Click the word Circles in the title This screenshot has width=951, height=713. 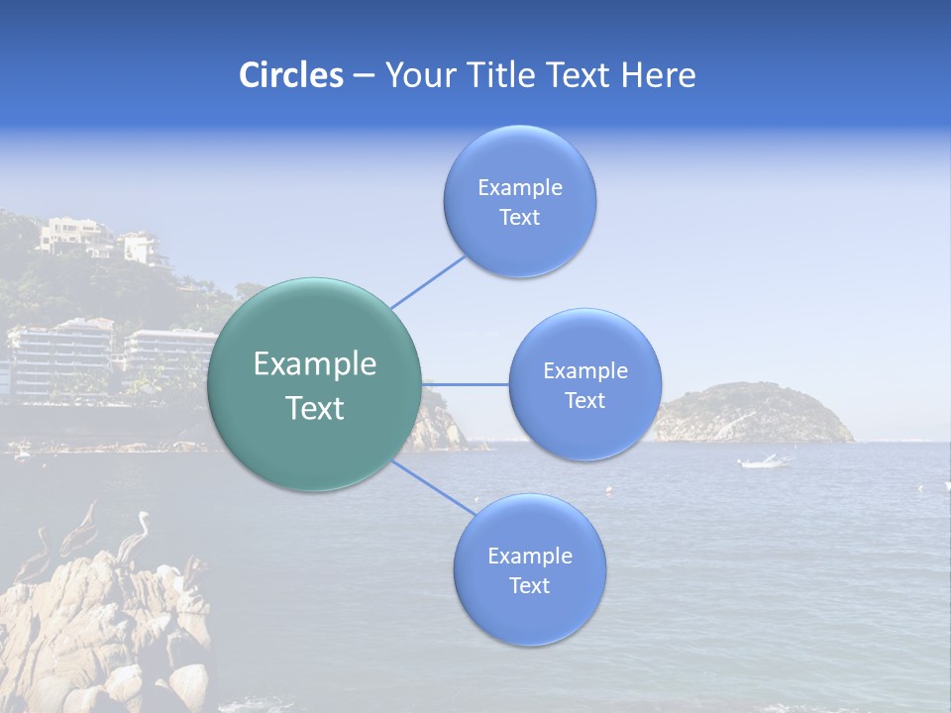click(x=290, y=75)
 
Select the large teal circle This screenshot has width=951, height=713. click(x=314, y=384)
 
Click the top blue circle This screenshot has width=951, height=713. click(x=519, y=201)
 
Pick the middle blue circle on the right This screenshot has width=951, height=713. click(x=584, y=384)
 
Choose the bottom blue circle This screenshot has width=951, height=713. click(x=529, y=569)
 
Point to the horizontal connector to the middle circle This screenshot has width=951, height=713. click(x=465, y=384)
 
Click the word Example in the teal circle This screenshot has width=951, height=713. click(x=315, y=364)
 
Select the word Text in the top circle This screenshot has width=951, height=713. click(x=519, y=218)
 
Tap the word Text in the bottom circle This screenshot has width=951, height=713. click(x=529, y=586)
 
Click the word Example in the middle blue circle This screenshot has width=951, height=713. click(x=584, y=371)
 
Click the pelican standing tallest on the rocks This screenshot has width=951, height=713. click(x=134, y=535)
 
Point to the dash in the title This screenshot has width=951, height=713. click(x=363, y=76)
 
